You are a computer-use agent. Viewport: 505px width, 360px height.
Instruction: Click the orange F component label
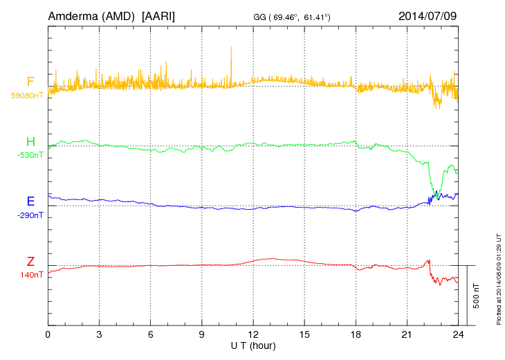tap(30, 82)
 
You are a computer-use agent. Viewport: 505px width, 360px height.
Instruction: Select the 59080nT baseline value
tap(26, 96)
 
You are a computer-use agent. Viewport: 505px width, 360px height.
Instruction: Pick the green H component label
tap(30, 142)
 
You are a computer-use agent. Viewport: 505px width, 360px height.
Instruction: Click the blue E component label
tap(30, 201)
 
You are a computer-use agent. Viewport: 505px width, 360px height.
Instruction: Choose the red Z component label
tap(30, 262)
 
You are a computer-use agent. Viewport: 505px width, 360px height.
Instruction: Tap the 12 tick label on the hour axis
tap(253, 334)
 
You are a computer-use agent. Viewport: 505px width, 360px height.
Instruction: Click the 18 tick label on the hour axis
tap(356, 334)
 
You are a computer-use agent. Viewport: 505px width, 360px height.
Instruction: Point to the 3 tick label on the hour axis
tap(100, 334)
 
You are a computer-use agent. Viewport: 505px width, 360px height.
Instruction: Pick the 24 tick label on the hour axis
tap(458, 334)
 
